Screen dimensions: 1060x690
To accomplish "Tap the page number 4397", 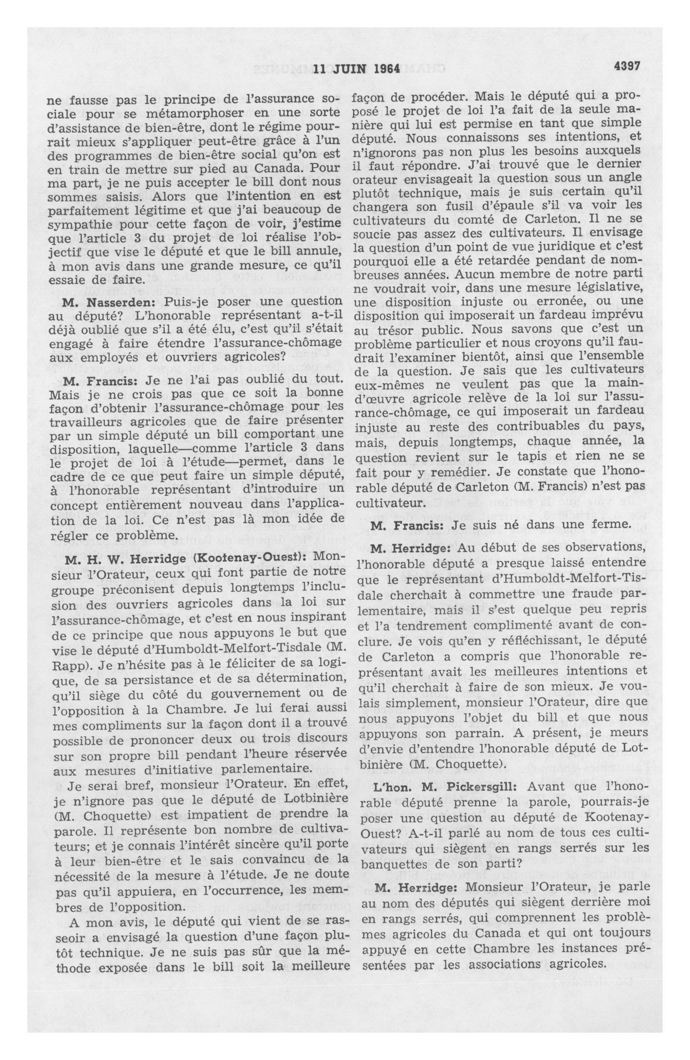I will point(626,66).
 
